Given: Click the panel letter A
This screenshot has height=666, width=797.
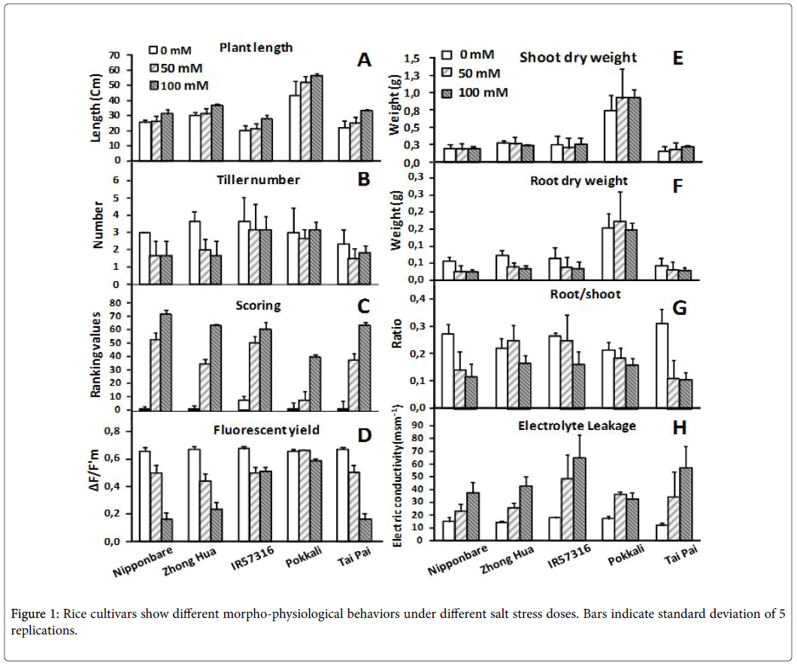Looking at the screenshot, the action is point(364,60).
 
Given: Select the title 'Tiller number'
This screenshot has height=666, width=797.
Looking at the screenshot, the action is point(258,180).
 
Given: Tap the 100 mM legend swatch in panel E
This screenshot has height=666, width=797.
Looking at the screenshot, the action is point(447,93).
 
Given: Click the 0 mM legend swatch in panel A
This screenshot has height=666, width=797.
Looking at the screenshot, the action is point(153,50).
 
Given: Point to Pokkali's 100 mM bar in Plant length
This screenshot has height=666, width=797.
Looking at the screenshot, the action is point(317,118).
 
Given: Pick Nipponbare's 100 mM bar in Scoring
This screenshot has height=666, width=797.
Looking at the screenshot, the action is point(165,362).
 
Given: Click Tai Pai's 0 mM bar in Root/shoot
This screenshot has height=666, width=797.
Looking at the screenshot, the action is point(662,366).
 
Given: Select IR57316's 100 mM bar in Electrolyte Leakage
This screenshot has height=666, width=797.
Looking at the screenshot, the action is point(579,499).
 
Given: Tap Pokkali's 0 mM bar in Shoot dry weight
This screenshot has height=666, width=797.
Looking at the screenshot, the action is point(610,136).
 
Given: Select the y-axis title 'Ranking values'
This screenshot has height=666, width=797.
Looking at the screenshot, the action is point(95,355).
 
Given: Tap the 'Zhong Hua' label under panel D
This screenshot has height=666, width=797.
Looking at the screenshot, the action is point(189,562).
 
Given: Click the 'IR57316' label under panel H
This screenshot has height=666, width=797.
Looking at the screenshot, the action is point(569,556).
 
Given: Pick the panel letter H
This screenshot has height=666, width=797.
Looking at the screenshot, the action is point(680,428).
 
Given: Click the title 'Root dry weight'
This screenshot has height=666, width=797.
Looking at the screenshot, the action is point(579,181).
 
